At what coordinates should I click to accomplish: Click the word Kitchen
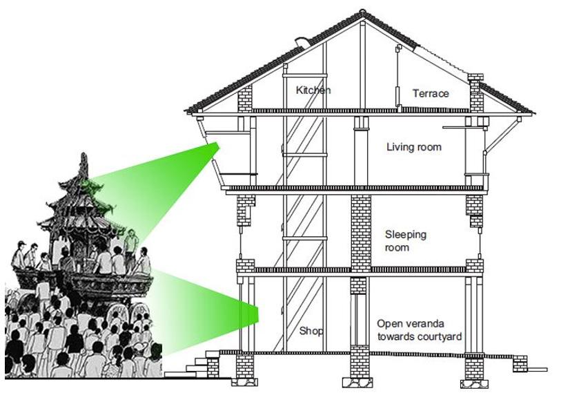pyautogui.click(x=313, y=90)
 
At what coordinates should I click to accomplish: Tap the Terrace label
pyautogui.click(x=431, y=93)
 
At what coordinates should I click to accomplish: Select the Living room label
pyautogui.click(x=413, y=147)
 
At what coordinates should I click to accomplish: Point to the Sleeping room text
pyautogui.click(x=405, y=241)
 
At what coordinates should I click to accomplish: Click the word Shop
pyautogui.click(x=311, y=331)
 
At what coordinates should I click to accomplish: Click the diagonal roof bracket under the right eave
pyautogui.click(x=507, y=131)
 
